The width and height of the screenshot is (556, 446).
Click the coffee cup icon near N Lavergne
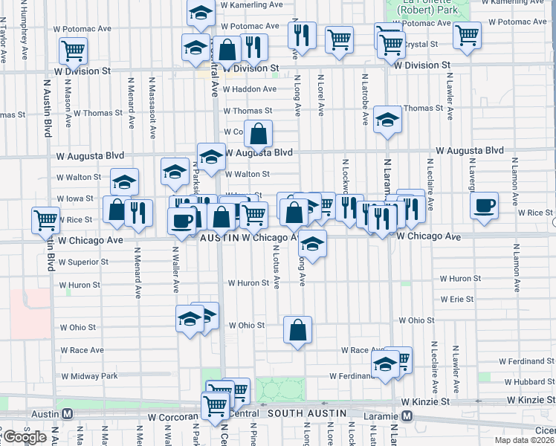[x=485, y=206]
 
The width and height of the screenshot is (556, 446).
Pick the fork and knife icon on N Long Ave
[x=302, y=34]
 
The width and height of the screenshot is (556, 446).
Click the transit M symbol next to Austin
[x=67, y=413]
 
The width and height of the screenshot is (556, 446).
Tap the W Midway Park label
[x=89, y=376]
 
